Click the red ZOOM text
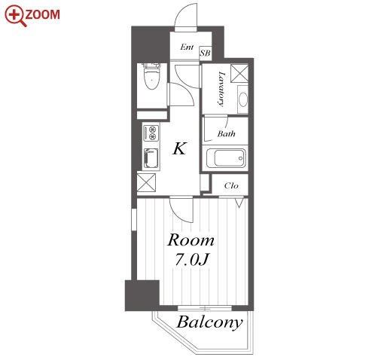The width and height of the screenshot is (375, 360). [42, 14]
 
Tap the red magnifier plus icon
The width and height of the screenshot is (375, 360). [15, 16]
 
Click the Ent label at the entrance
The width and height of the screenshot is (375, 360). [187, 47]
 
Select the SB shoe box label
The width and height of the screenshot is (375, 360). [205, 53]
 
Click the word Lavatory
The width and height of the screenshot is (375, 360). [221, 89]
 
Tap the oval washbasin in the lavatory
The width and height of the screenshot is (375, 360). [242, 99]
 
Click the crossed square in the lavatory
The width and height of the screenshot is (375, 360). [239, 73]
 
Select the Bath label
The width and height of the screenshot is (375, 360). [227, 133]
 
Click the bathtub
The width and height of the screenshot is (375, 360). [226, 158]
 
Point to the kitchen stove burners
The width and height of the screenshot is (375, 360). [151, 133]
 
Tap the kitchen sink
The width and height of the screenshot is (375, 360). [151, 158]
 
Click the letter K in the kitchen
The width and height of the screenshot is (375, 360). [180, 148]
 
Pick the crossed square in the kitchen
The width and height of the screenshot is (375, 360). [146, 182]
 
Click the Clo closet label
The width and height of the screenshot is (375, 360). [231, 186]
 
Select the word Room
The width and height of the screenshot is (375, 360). [191, 240]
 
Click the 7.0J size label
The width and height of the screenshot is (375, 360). [192, 260]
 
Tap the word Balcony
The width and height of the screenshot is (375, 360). [209, 322]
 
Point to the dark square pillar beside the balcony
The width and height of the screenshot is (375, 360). [142, 295]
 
